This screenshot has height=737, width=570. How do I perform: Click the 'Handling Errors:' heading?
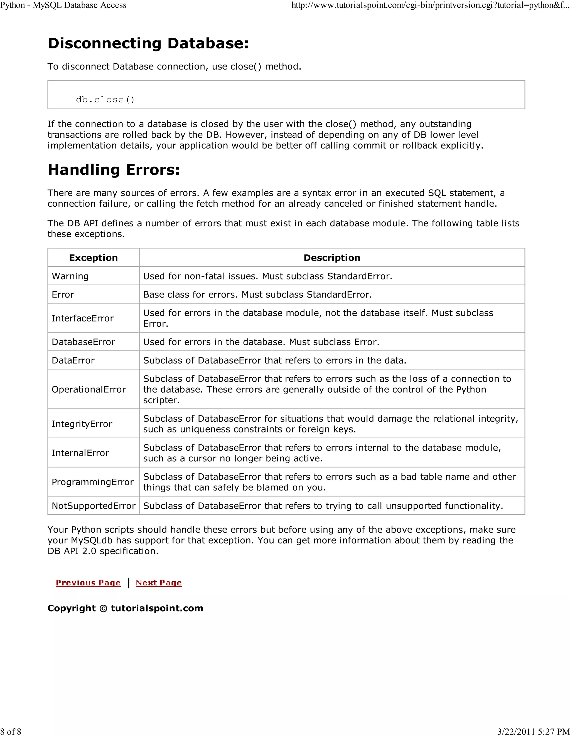click(x=114, y=170)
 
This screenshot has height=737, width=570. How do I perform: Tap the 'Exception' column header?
click(x=93, y=258)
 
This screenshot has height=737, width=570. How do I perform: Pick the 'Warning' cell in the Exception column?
click(x=70, y=276)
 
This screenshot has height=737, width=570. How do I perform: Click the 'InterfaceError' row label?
click(x=82, y=318)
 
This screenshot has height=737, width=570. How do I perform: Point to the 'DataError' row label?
click(x=73, y=360)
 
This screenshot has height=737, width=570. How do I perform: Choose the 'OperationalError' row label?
click(x=89, y=389)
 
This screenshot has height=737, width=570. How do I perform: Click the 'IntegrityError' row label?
click(x=82, y=424)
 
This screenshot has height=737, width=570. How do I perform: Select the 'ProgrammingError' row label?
click(x=92, y=482)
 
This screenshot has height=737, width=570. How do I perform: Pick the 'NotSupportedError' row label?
click(x=93, y=506)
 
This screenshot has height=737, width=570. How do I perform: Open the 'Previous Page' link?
click(x=88, y=583)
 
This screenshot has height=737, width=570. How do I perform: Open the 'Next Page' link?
click(x=159, y=583)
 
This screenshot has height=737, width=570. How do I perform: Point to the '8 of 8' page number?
click(x=11, y=732)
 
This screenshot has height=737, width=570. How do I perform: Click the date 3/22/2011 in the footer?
click(x=516, y=732)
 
